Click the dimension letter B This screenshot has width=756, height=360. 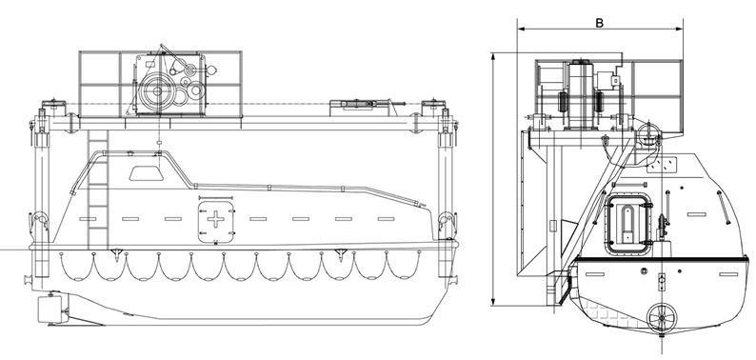599,23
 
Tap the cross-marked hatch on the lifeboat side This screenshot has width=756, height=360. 215,220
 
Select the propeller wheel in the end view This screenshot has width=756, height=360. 662,318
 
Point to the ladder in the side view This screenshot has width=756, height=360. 98,190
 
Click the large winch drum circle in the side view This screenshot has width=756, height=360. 157,90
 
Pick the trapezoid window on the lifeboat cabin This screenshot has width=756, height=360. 146,173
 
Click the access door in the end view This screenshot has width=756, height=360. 627,224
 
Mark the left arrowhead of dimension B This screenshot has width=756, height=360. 521,29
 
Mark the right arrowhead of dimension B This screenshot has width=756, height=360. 680,29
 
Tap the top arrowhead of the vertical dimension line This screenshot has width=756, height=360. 493,56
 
